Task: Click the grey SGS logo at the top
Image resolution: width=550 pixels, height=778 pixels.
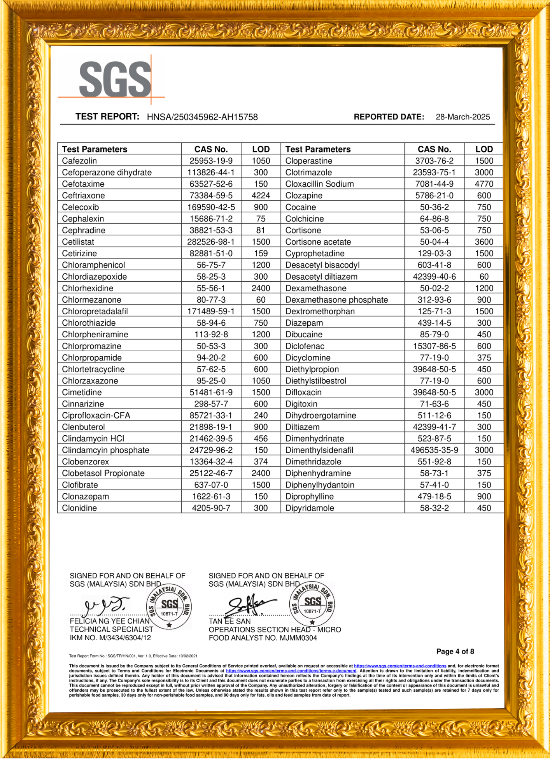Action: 115,79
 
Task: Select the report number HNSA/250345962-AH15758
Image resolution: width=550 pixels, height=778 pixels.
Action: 202,117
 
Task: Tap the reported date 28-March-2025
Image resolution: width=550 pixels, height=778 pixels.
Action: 462,117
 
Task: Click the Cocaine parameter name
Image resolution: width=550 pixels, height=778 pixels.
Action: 301,207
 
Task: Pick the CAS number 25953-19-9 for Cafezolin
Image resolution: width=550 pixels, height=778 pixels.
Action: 211,161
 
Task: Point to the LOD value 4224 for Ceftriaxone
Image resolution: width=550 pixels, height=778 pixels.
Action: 261,196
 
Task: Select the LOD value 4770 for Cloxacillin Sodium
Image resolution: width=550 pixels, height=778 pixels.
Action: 484,184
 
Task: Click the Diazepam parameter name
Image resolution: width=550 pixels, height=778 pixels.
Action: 304,323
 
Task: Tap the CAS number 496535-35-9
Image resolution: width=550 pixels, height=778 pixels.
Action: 434,450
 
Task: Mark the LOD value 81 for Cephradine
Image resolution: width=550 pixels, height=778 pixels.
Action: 261,230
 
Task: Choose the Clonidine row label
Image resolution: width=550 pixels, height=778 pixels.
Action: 79,508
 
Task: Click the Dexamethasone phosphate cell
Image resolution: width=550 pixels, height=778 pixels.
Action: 336,300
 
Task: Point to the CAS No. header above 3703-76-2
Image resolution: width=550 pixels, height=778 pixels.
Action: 434,149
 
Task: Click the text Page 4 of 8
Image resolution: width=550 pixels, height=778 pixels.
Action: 455,652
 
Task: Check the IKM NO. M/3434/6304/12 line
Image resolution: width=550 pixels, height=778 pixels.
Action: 110,638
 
